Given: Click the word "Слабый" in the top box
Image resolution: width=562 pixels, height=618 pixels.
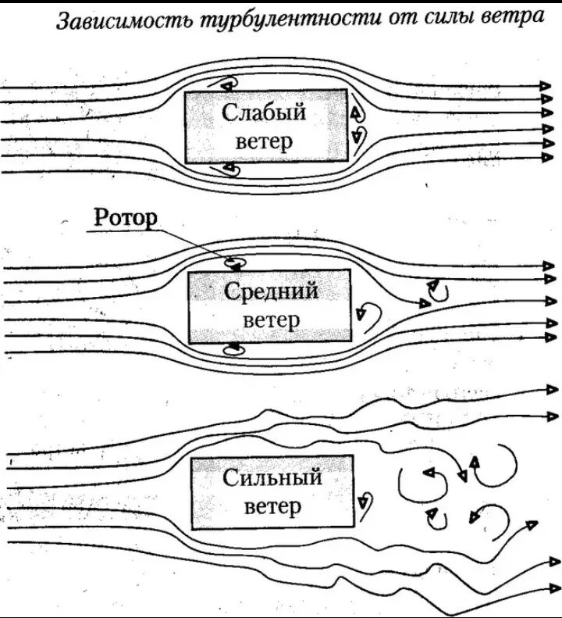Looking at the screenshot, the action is [265, 113].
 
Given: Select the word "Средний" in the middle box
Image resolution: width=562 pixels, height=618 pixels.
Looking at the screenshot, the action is [271, 291].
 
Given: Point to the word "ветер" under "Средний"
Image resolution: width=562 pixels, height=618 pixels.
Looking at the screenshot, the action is [271, 320].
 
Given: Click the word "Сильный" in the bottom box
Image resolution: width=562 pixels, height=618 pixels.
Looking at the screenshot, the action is [272, 477].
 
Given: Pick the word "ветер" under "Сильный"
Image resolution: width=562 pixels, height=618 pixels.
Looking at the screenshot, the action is [272, 507].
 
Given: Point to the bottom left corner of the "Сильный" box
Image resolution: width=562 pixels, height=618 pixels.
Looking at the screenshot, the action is [192, 530].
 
